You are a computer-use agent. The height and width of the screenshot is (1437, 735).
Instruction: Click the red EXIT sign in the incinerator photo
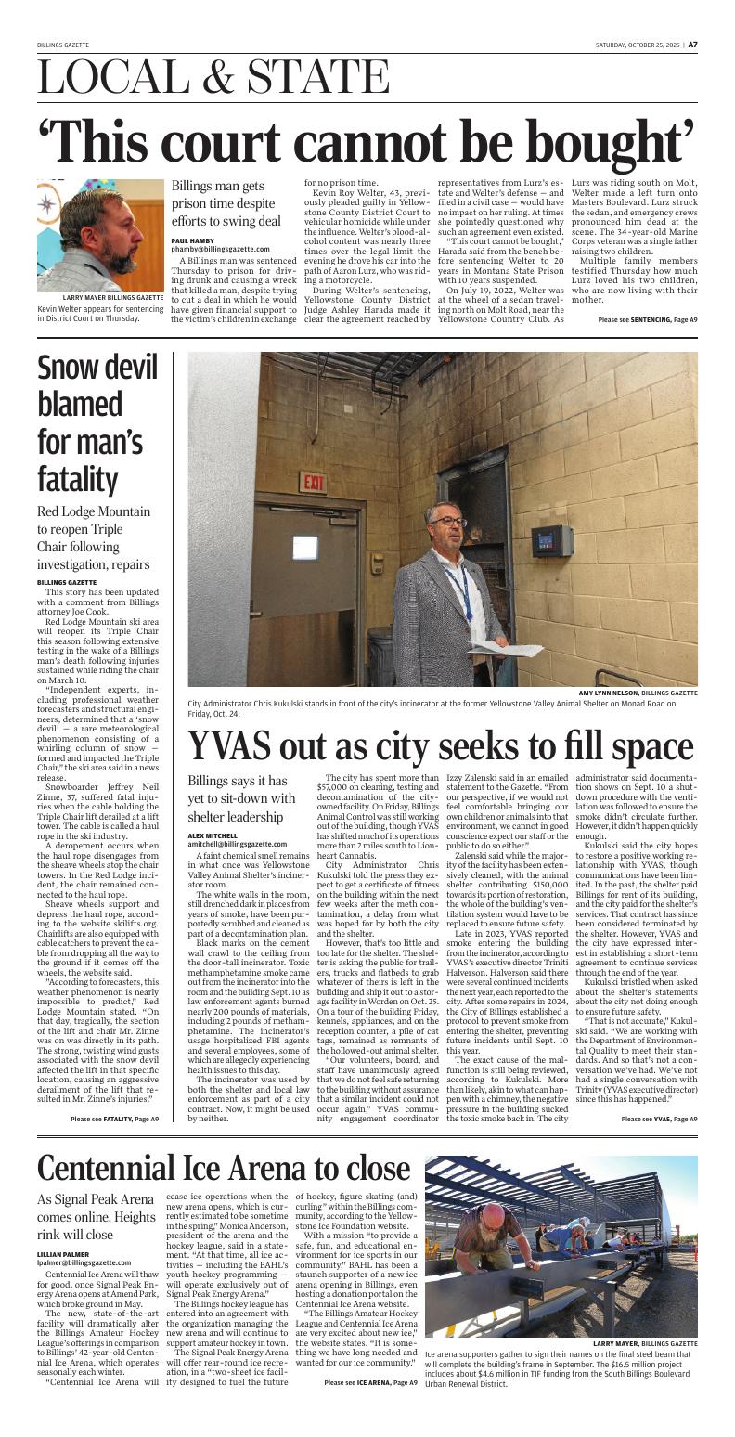tap(313, 483)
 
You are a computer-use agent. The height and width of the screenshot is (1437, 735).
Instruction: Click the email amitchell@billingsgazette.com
tap(237, 844)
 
